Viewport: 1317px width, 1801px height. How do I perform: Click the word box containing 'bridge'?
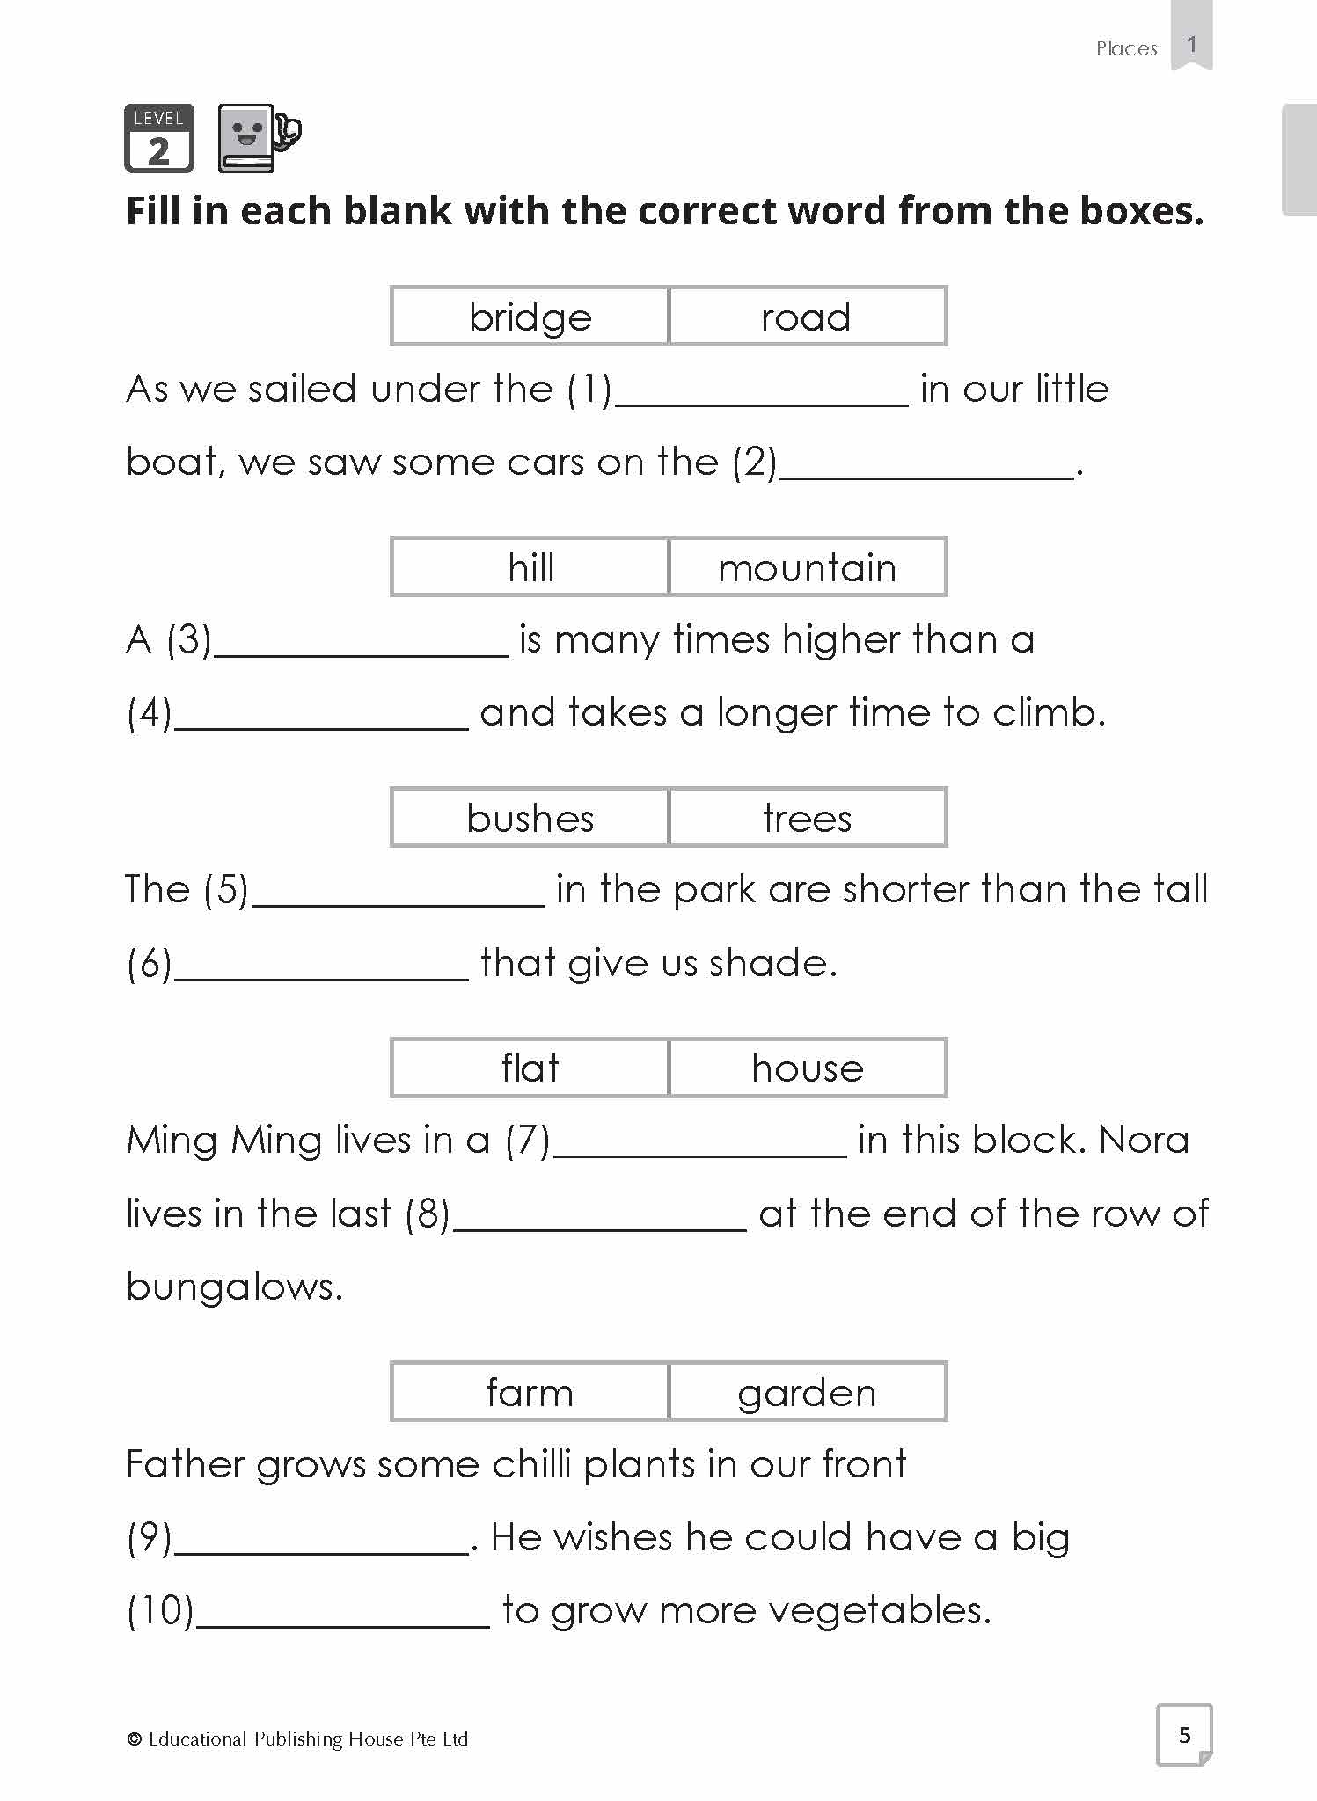pos(530,317)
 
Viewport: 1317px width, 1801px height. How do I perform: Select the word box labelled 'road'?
pos(807,317)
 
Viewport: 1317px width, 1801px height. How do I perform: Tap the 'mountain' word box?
pos(807,567)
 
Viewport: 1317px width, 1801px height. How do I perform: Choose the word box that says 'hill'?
pos(530,567)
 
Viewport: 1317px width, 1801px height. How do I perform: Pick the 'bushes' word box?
pos(530,818)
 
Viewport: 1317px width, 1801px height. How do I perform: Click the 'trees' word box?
pos(807,818)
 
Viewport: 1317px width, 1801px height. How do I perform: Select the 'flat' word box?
pos(530,1068)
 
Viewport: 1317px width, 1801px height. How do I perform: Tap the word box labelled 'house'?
pos(807,1068)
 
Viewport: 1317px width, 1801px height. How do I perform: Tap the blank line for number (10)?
pos(342,1620)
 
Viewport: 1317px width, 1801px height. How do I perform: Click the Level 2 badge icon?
pos(158,139)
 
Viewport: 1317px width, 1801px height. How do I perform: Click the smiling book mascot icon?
pos(257,139)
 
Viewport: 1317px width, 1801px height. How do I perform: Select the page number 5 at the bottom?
pos(1184,1734)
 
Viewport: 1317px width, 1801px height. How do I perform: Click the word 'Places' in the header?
pos(1126,49)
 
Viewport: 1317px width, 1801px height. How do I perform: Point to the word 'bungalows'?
pos(233,1287)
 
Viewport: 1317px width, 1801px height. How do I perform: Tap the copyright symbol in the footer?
pos(135,1739)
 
